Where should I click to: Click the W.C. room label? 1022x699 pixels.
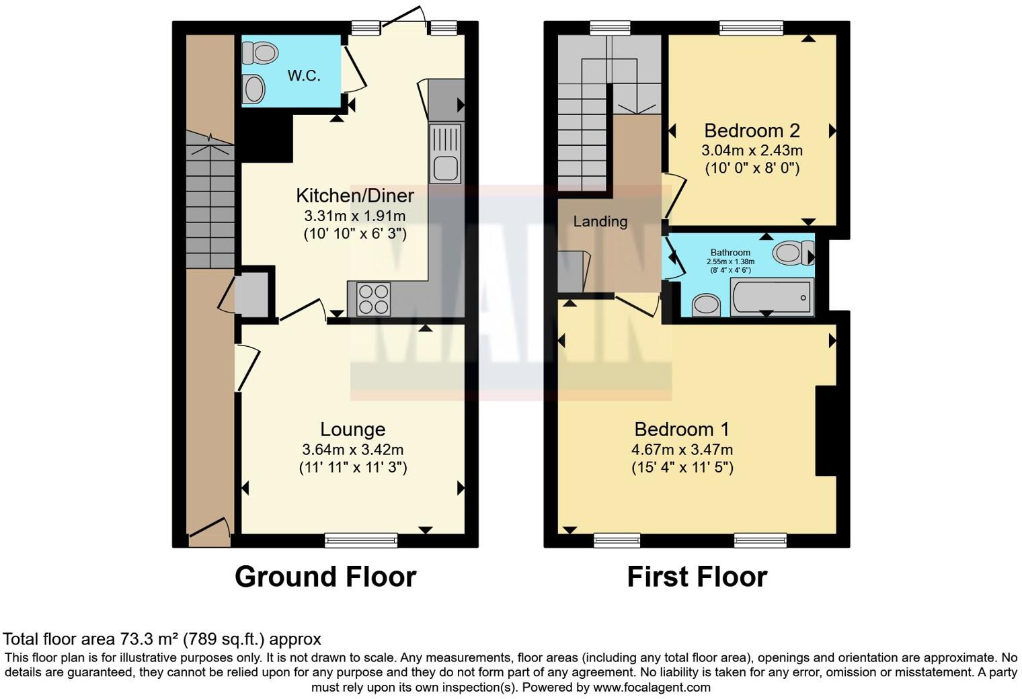point(304,75)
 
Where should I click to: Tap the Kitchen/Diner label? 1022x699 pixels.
point(355,196)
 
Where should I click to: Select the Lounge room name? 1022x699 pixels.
point(352,429)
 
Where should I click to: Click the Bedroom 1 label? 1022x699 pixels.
point(682,429)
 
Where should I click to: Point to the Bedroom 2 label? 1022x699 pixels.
point(752,130)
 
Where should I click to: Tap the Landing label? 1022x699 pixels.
point(600,221)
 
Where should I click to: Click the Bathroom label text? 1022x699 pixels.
point(730,253)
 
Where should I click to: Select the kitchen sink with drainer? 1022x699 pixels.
point(445,153)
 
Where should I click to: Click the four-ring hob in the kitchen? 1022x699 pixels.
point(374,299)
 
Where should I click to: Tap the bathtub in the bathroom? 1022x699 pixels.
point(772,297)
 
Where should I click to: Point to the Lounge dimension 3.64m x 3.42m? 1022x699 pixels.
point(352,450)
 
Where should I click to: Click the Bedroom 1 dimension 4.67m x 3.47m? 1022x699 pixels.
point(682,450)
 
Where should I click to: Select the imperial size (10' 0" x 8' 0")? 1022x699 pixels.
point(752,168)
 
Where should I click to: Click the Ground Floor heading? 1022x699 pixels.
point(325,577)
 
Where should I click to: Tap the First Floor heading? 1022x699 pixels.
point(697,577)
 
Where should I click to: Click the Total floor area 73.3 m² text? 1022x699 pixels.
point(162,639)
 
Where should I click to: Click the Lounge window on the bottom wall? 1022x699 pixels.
point(361,540)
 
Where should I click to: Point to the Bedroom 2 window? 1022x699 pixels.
point(751,28)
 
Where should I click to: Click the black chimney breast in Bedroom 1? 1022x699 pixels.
point(826,430)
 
